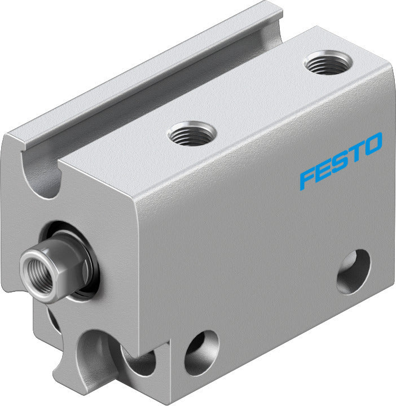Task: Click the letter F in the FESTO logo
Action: pos(309,177)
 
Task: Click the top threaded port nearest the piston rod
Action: pos(192,134)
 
